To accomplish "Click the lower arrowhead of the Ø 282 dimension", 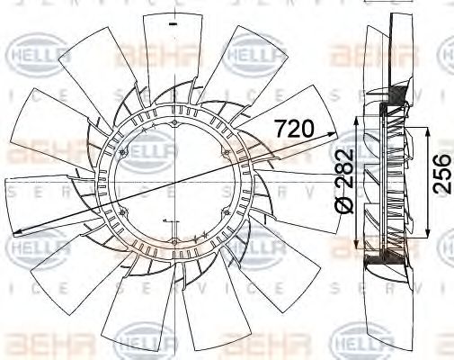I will (x=361, y=246).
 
